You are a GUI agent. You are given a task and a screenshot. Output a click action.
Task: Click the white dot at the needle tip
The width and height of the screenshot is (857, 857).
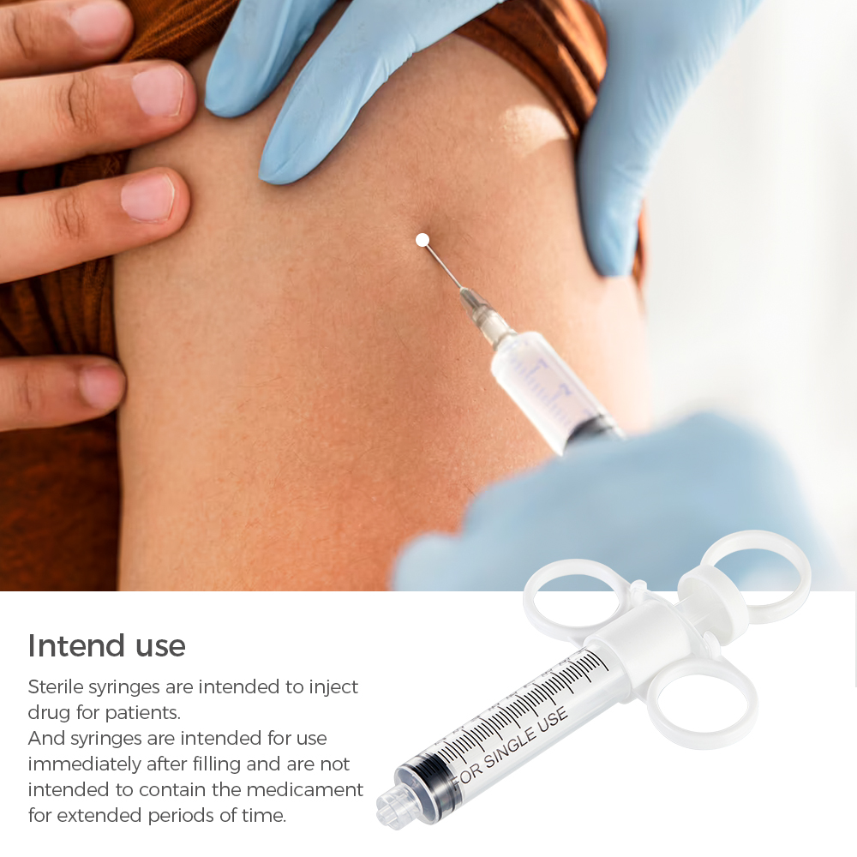click(x=422, y=240)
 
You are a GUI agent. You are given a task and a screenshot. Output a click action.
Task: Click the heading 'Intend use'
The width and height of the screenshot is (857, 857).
click(x=106, y=645)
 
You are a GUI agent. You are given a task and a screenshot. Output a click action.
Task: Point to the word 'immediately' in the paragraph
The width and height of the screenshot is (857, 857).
click(x=77, y=764)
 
